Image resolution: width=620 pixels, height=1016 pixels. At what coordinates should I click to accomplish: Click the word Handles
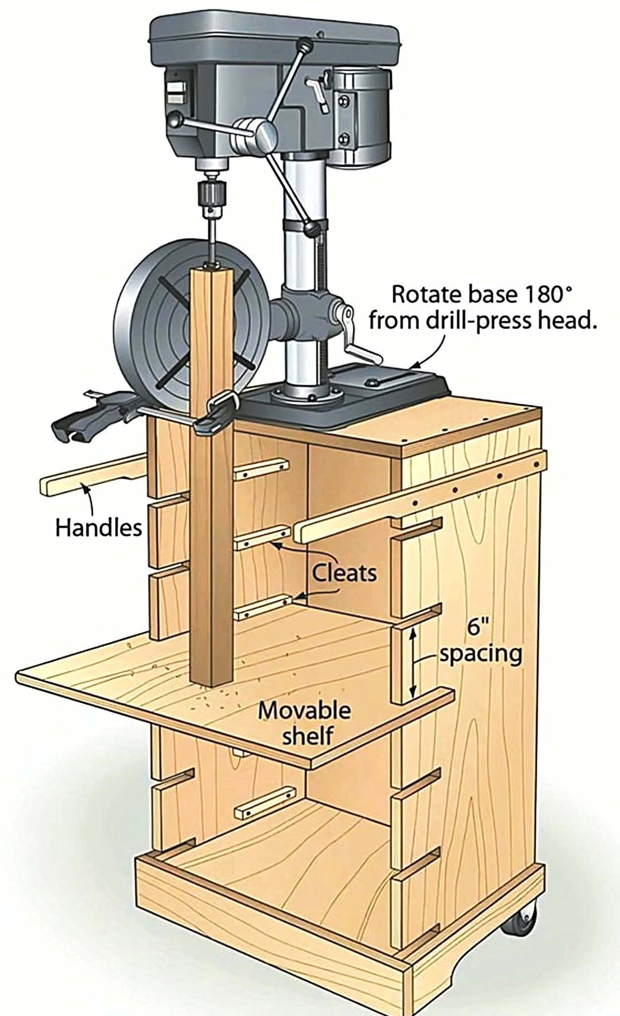tap(98, 528)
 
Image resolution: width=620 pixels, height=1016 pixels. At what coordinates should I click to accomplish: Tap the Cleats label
tap(344, 573)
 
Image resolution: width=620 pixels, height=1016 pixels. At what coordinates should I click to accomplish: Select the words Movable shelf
tap(304, 723)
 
